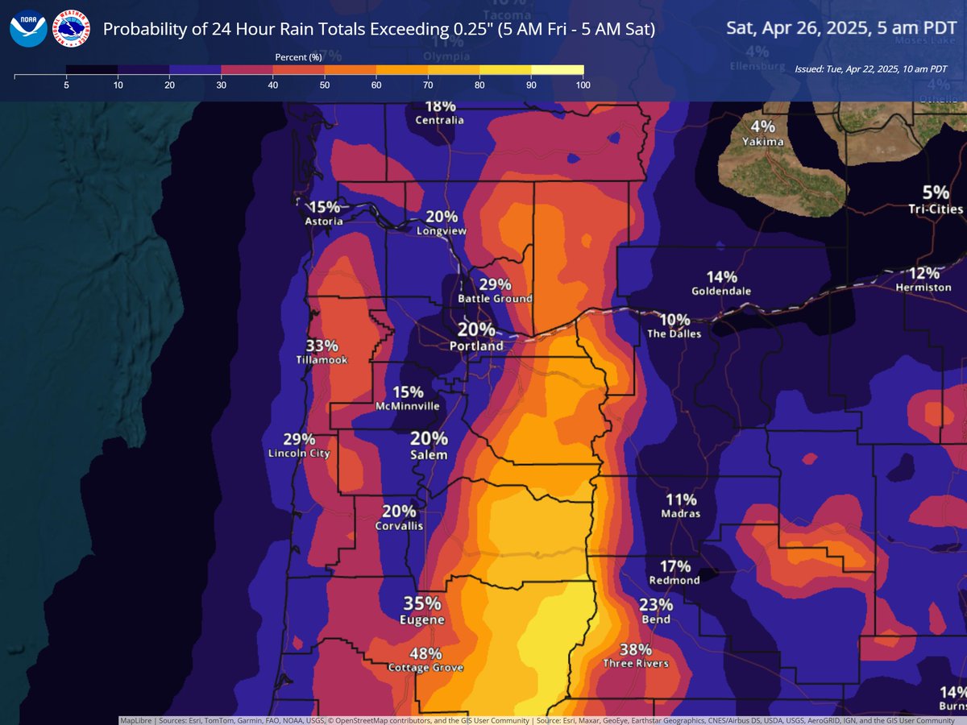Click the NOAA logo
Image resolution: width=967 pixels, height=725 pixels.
click(x=28, y=28)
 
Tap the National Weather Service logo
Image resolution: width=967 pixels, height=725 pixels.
click(x=71, y=28)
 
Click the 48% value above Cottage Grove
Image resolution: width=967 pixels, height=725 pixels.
click(x=425, y=653)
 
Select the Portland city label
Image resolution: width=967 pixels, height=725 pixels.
click(x=476, y=346)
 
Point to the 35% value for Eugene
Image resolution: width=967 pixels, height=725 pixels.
click(x=422, y=604)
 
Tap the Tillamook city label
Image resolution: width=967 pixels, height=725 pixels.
click(x=322, y=360)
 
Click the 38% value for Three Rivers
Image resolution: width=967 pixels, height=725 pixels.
click(x=636, y=649)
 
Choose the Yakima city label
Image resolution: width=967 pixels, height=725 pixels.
click(x=762, y=142)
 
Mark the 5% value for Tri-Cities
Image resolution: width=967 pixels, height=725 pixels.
click(x=936, y=193)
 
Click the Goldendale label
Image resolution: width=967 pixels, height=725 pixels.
click(x=721, y=291)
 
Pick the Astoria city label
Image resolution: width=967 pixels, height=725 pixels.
click(x=324, y=221)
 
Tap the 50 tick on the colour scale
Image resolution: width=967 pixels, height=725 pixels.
click(x=324, y=85)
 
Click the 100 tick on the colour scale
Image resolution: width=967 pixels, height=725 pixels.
click(x=582, y=85)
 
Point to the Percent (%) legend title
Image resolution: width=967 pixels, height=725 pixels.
click(x=298, y=57)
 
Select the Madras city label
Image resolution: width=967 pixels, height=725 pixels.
click(x=680, y=513)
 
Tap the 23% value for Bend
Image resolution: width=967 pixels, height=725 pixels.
click(x=656, y=605)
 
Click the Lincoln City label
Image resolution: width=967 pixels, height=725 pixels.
click(x=299, y=454)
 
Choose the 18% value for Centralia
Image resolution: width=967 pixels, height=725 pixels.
click(x=440, y=106)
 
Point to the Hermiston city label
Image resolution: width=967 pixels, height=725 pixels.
click(x=928, y=287)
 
